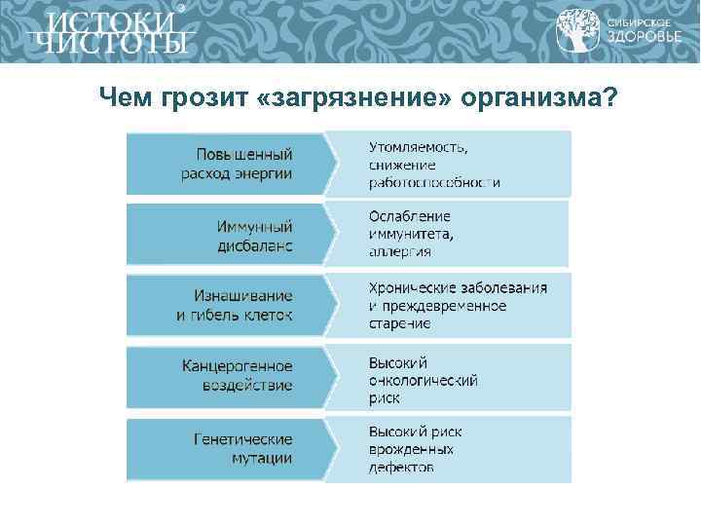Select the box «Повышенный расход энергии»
[x=234, y=164]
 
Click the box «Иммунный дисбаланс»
[x=234, y=235]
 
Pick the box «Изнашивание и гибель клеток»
[x=234, y=306]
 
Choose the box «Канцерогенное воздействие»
[x=234, y=375]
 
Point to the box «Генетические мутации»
[x=234, y=447]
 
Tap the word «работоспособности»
[x=434, y=181]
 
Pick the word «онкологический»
[x=424, y=380]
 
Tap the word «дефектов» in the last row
[x=401, y=468]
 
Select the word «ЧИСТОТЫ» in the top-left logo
[x=109, y=45]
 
